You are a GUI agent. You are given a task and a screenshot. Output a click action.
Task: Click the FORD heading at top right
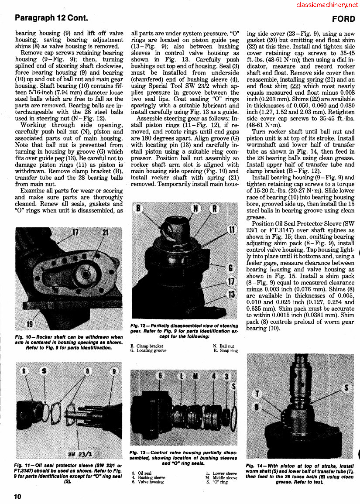(343, 19)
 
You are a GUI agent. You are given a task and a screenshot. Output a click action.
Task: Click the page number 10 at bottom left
(17, 496)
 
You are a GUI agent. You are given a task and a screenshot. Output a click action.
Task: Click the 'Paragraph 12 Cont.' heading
(51, 18)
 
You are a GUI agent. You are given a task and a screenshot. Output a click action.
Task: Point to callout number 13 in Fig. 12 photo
(231, 294)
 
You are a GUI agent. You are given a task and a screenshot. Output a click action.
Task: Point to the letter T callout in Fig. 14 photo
(258, 394)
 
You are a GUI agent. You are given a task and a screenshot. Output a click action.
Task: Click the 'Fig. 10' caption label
(21, 337)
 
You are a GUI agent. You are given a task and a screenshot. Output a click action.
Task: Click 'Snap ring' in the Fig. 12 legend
(229, 350)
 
